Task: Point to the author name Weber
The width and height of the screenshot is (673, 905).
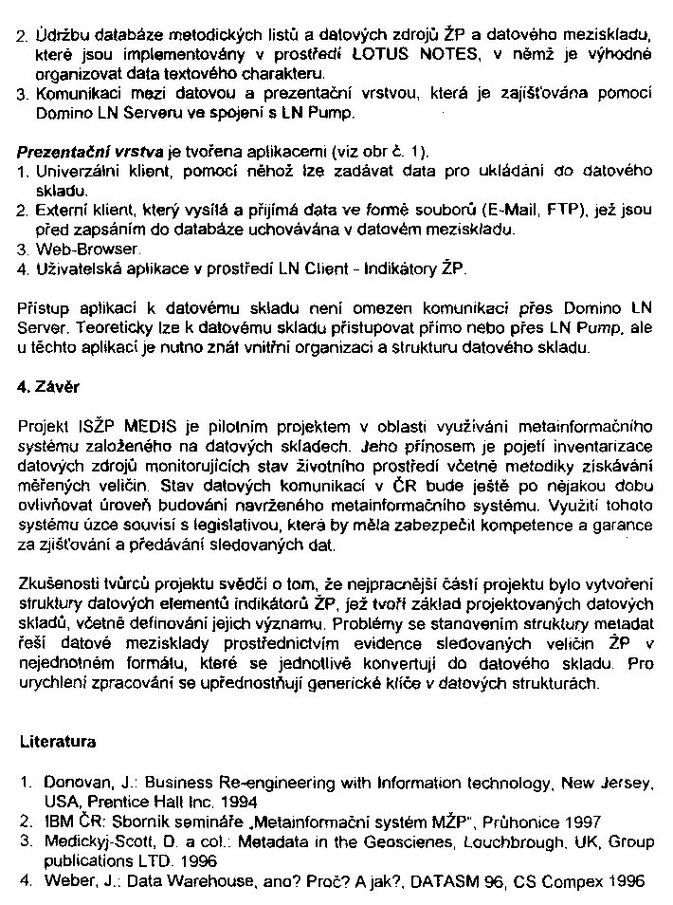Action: tap(64, 880)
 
